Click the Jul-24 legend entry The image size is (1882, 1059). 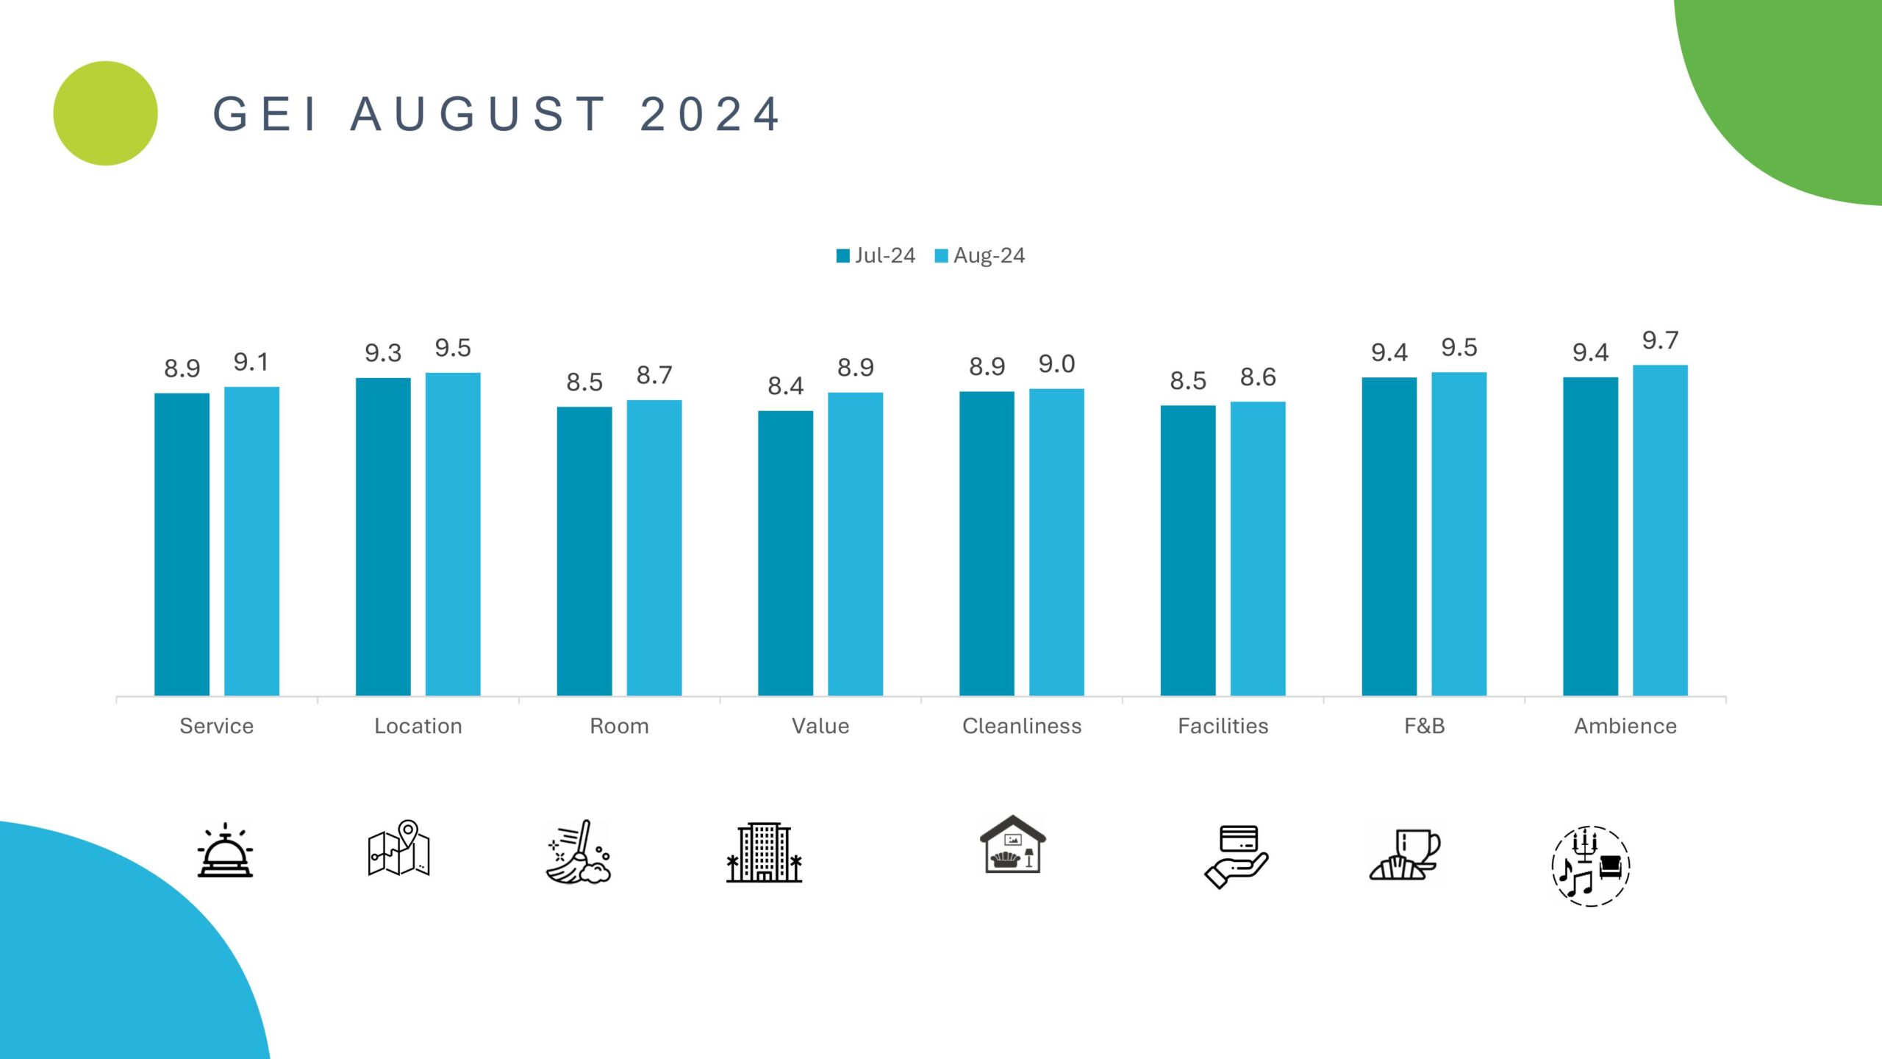[876, 255]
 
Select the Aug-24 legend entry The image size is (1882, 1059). [980, 255]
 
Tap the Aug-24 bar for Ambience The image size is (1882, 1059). [1660, 529]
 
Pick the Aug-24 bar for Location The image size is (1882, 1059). [453, 534]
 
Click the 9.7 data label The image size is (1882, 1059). [1660, 340]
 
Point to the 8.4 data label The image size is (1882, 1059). [785, 386]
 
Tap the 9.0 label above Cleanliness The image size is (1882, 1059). [1056, 364]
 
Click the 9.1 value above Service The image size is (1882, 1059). [251, 362]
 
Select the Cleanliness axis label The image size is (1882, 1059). [1022, 726]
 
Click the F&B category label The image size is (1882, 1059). [1424, 726]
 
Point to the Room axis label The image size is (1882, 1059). [619, 726]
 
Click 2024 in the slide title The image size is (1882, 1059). [710, 115]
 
